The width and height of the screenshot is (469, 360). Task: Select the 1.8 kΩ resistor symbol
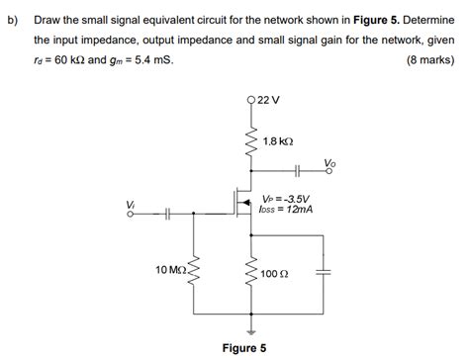click(250, 143)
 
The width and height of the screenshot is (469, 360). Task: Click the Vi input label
click(130, 204)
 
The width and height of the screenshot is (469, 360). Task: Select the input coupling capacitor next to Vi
click(169, 214)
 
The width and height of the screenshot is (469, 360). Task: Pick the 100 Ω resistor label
click(275, 273)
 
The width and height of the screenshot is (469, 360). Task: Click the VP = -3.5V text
click(287, 198)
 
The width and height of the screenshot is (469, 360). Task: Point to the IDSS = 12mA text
click(288, 209)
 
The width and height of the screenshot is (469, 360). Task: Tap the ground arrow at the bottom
click(250, 329)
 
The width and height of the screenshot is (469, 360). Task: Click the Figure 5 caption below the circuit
click(243, 348)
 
